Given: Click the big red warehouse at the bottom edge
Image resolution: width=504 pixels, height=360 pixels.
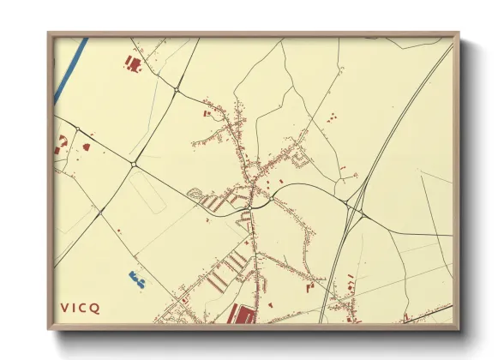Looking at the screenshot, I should tap(244, 316).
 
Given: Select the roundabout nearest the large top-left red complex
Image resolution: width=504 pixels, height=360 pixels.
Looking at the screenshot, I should tap(176, 88).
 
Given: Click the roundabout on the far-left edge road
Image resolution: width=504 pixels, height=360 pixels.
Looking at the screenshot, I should tap(77, 129).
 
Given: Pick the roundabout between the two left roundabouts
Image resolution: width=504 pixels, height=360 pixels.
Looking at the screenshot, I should tap(134, 163).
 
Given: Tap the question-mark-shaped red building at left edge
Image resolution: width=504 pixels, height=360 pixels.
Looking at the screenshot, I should tap(61, 143).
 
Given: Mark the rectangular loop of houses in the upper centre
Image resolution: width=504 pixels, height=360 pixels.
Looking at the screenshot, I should tap(300, 158).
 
